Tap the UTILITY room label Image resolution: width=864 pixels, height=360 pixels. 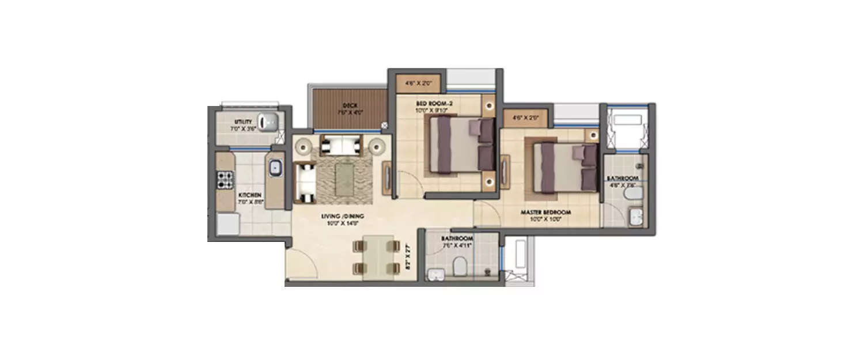tap(241, 122)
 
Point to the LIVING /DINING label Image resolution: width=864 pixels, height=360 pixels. tap(343, 217)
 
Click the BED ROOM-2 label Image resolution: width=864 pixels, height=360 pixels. tap(431, 104)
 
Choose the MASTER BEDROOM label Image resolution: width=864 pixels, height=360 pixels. tap(541, 212)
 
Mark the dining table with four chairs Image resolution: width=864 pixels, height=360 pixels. tap(378, 257)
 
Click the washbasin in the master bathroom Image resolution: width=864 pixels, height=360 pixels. tap(636, 218)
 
